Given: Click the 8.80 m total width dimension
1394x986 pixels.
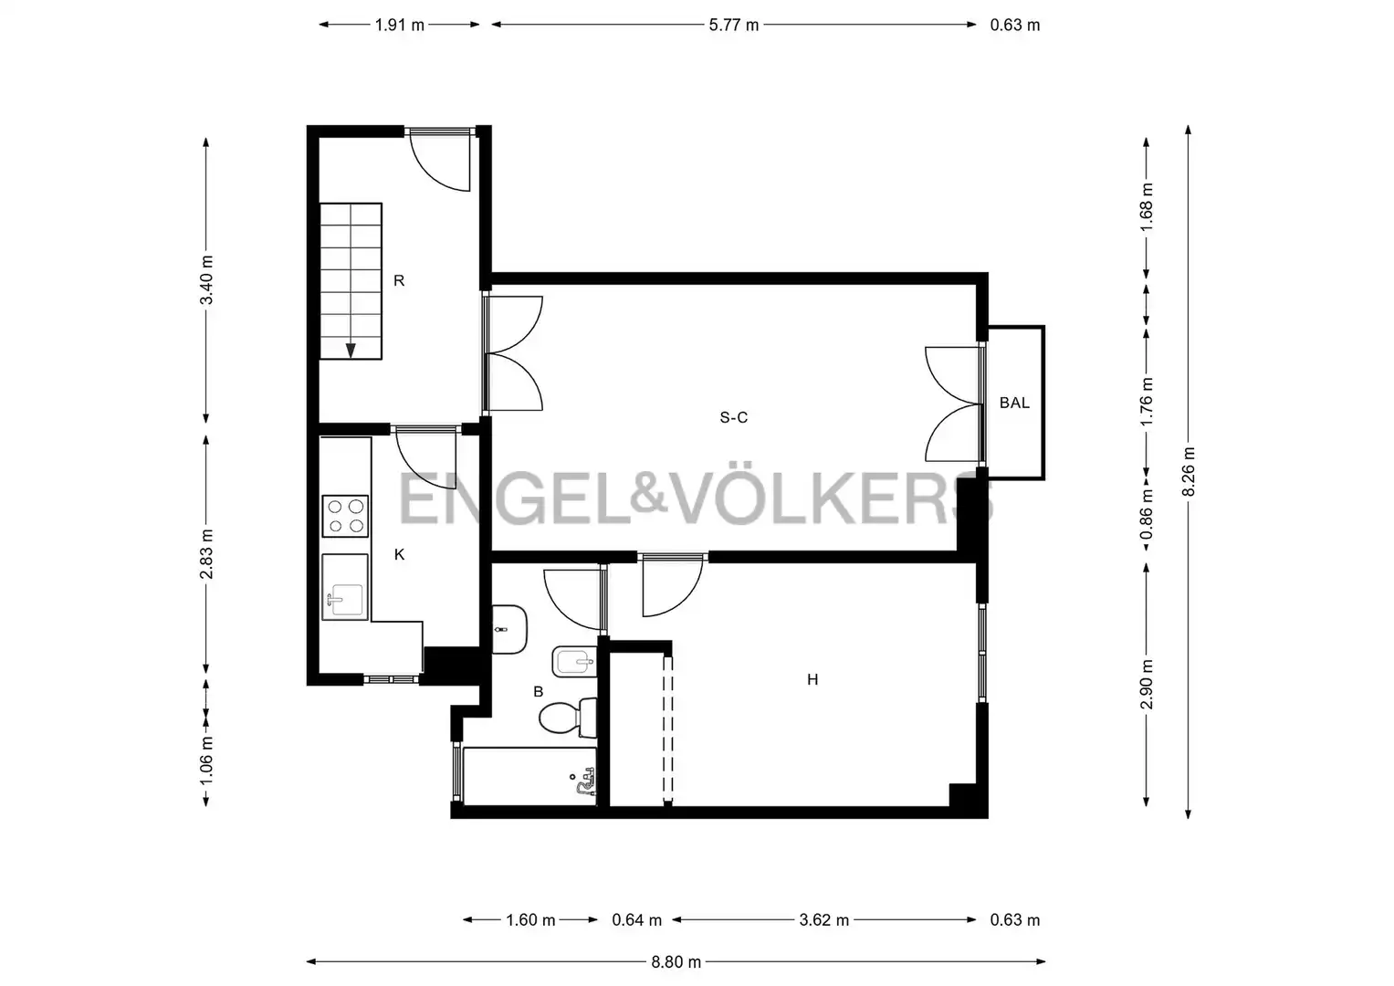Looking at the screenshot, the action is (676, 962).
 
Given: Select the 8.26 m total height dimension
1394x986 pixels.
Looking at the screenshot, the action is (1188, 472).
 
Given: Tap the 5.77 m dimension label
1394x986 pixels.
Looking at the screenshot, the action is (734, 25).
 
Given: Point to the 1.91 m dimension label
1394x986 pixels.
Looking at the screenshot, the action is (399, 25).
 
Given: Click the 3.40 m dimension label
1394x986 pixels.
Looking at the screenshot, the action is (206, 280).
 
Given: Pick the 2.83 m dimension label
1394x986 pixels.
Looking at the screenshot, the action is (206, 554).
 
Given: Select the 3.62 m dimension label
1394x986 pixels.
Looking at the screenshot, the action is (824, 920).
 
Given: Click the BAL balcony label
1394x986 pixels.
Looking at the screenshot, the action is (1014, 403).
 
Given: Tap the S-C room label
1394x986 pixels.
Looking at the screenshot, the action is (734, 417).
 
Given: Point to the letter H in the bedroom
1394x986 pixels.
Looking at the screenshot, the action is (812, 679).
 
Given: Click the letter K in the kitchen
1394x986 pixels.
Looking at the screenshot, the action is (400, 554).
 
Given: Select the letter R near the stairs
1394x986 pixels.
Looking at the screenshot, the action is (399, 281).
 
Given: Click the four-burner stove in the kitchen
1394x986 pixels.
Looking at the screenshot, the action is (345, 516).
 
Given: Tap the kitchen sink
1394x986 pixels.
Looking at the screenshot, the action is (345, 587).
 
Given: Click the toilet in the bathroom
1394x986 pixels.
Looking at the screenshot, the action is (567, 718).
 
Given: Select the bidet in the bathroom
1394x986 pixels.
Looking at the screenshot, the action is (574, 662).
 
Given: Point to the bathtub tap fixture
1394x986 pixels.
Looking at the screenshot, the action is (584, 781).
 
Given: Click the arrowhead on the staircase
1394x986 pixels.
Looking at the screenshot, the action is (351, 351).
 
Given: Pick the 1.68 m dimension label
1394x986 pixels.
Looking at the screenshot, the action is (1147, 206).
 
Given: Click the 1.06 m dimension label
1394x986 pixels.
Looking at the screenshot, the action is (206, 760).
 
